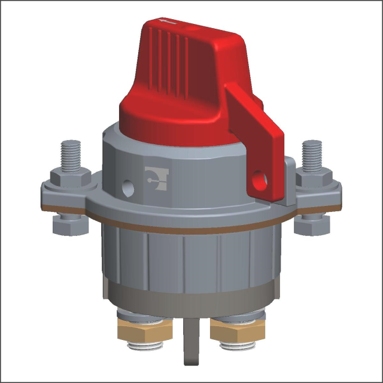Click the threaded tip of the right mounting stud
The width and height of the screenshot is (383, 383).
pos(313,153)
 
